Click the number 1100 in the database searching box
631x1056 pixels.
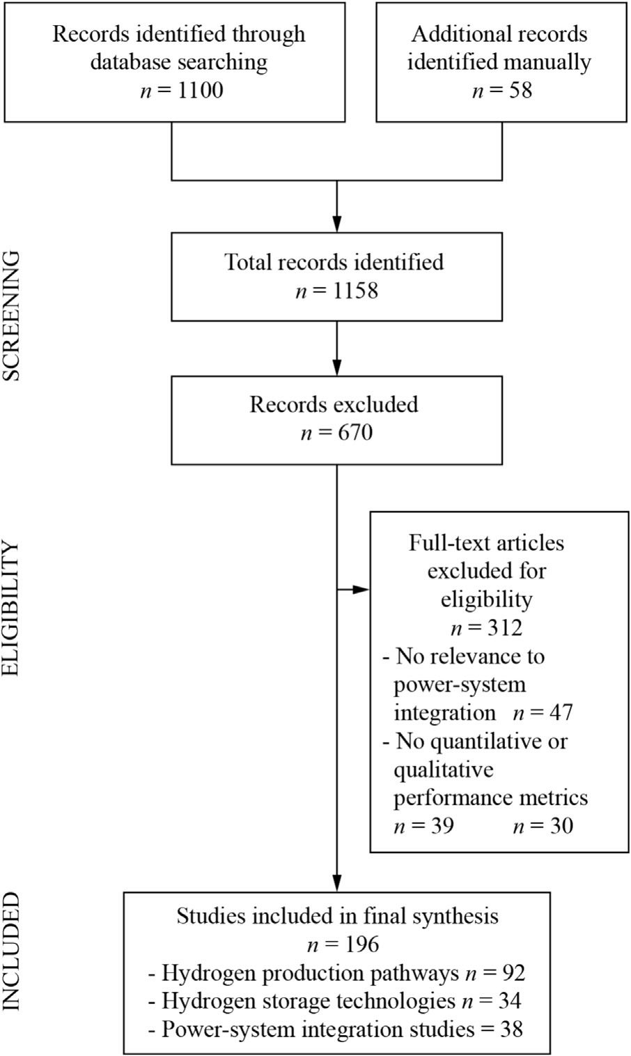[201, 91]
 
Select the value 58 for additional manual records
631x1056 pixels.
[520, 91]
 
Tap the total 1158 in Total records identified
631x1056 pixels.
[355, 291]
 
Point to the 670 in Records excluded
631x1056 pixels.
[355, 433]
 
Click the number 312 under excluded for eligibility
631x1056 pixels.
[505, 628]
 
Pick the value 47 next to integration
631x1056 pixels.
[561, 712]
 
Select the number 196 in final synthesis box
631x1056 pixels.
[361, 944]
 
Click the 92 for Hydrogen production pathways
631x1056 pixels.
[513, 972]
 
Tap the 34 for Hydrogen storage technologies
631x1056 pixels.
[510, 1001]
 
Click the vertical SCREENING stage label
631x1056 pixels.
[11, 316]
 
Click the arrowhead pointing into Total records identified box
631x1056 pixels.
[336, 224]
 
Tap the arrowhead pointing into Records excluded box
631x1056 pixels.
[336, 367]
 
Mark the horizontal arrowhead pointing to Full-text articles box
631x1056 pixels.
[361, 589]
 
